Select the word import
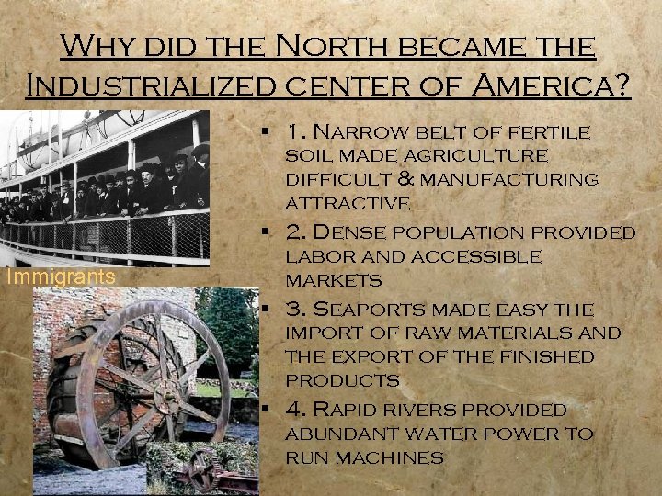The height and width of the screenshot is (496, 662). [x=322, y=333]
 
